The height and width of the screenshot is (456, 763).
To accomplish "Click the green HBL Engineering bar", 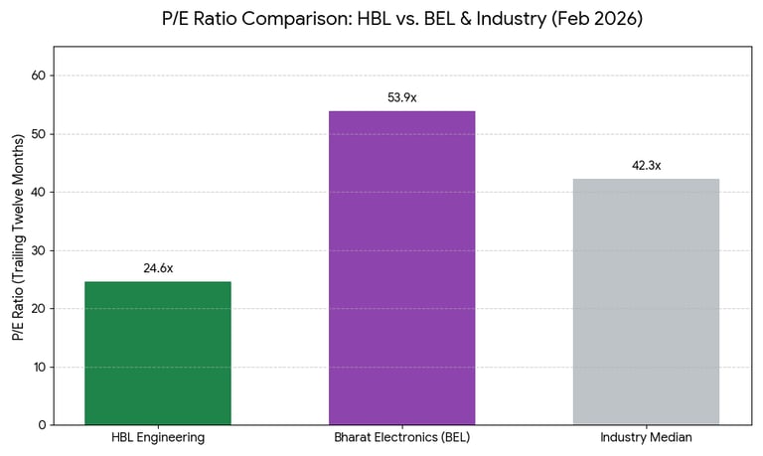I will [158, 353].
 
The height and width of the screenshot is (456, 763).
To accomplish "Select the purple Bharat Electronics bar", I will [401, 267].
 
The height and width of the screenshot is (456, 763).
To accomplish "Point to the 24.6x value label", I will [158, 268].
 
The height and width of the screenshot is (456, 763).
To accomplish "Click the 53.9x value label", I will [401, 97].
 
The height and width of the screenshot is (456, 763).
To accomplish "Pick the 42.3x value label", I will [646, 165].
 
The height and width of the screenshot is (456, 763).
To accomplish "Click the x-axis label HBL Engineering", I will [158, 438].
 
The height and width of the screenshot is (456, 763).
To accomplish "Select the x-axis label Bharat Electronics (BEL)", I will [401, 438].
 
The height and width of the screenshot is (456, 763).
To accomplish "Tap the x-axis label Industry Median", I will [646, 438].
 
